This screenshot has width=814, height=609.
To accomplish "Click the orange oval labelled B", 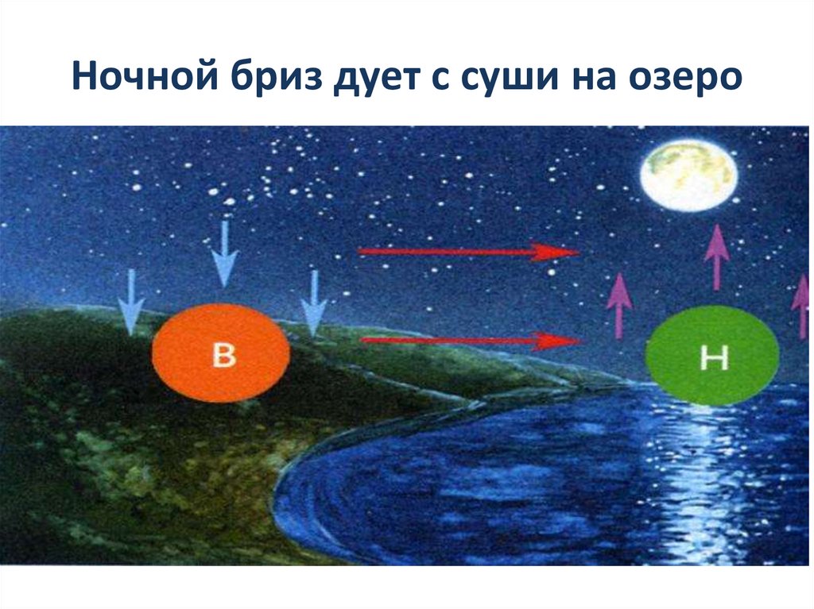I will (220, 354).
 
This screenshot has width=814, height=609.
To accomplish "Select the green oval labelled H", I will (712, 357).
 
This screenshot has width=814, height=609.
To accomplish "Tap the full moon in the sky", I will (688, 175).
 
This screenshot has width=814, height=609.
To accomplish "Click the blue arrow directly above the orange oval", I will (225, 252).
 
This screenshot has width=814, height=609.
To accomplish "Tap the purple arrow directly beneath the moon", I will (716, 256).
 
